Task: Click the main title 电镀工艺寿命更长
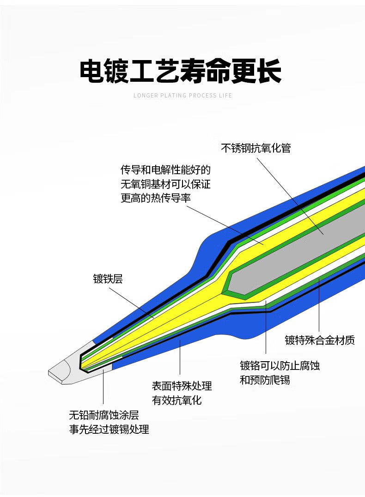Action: (x=181, y=71)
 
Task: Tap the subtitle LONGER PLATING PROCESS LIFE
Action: (x=182, y=96)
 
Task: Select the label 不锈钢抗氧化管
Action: (x=255, y=148)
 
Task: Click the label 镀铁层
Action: (x=108, y=279)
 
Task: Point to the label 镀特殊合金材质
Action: (x=320, y=341)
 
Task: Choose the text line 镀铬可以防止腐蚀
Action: (x=280, y=366)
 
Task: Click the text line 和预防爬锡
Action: (x=265, y=381)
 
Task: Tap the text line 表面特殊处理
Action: (x=182, y=386)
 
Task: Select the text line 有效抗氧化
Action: (x=177, y=400)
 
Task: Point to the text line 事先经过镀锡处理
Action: (x=109, y=430)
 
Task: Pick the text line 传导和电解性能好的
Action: (x=165, y=170)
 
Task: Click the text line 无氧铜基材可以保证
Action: (x=165, y=184)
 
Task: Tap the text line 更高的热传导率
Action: (x=156, y=198)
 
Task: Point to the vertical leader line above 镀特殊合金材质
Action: (x=319, y=305)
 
